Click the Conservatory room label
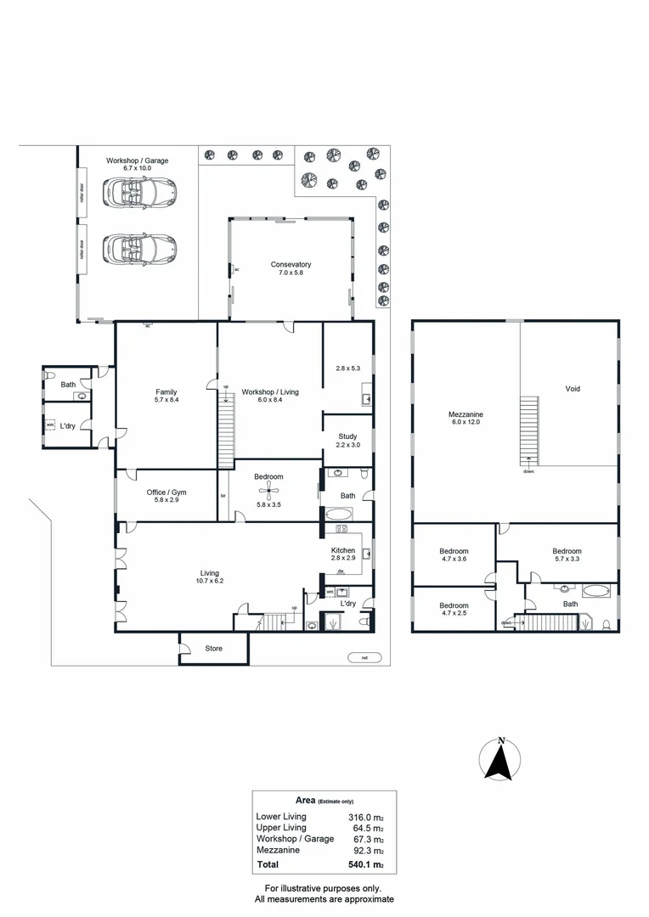291,264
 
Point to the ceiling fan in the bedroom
269,491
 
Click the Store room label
213,649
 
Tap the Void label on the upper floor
573,389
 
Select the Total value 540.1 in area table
365,866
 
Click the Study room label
347,436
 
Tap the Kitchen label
343,550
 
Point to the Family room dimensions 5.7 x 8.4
166,400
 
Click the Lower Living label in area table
281,816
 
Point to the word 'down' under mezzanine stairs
528,471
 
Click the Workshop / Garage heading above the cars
137,160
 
